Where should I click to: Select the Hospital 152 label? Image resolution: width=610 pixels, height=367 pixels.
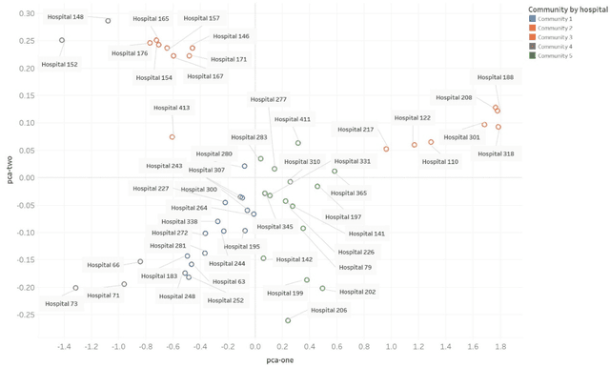pyautogui.click(x=59, y=65)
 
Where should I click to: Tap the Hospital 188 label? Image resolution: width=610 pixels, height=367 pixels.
pyautogui.click(x=495, y=77)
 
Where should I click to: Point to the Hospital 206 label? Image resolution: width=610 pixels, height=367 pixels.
pyautogui.click(x=329, y=310)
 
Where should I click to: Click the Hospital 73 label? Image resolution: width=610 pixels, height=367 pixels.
pyautogui.click(x=61, y=303)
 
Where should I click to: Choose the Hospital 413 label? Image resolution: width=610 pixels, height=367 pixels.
pyautogui.click(x=172, y=108)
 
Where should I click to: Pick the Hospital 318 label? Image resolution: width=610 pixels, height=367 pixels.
pyautogui.click(x=496, y=153)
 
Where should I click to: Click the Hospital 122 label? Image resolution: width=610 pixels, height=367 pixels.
pyautogui.click(x=412, y=118)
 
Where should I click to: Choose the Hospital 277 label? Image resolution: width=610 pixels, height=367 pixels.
pyautogui.click(x=268, y=99)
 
